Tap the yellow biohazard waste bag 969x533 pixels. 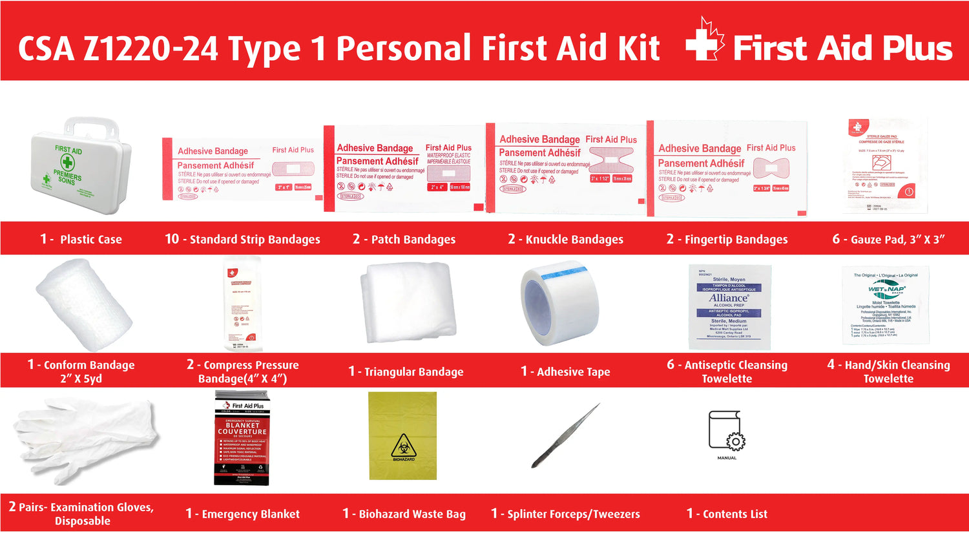coord(402,435)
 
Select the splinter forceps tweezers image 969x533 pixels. coord(565,436)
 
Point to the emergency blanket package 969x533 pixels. coord(242,438)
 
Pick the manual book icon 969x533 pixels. coord(727,432)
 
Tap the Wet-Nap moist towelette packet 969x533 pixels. coord(886,304)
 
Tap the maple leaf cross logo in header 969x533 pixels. coord(705,41)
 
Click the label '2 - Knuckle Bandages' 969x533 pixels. coord(565,239)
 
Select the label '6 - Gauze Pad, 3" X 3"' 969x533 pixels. coord(888,239)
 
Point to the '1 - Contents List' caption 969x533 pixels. coord(727,514)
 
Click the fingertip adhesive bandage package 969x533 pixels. coord(727,169)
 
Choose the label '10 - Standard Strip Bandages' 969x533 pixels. coord(242,239)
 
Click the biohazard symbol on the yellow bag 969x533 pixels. coord(403,446)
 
